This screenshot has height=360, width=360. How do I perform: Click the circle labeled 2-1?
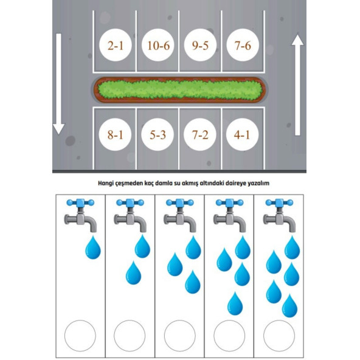[x=116, y=45]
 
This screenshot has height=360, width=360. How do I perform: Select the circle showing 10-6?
[x=157, y=45]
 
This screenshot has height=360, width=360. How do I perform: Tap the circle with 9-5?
[x=200, y=45]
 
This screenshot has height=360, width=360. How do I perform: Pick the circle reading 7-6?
[x=243, y=45]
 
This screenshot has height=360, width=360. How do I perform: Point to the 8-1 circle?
[x=115, y=134]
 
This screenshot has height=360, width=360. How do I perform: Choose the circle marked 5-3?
[x=157, y=134]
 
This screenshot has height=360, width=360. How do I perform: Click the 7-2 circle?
[x=200, y=134]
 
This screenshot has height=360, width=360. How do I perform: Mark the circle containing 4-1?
[x=242, y=134]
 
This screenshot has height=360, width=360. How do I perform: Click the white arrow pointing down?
[x=59, y=84]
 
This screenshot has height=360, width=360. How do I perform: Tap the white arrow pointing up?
[x=297, y=85]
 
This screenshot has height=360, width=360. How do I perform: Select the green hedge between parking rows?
[x=180, y=90]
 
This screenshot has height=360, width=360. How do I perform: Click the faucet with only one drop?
[x=80, y=216]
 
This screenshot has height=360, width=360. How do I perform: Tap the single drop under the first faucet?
[x=93, y=247]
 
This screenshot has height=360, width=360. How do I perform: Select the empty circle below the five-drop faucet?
[x=279, y=336]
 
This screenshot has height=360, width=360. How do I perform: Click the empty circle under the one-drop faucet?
[x=80, y=336]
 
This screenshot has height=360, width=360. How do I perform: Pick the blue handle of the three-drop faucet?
[x=180, y=202]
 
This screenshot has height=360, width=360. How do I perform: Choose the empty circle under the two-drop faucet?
[x=130, y=336]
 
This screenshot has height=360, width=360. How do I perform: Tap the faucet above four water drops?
[x=230, y=216]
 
